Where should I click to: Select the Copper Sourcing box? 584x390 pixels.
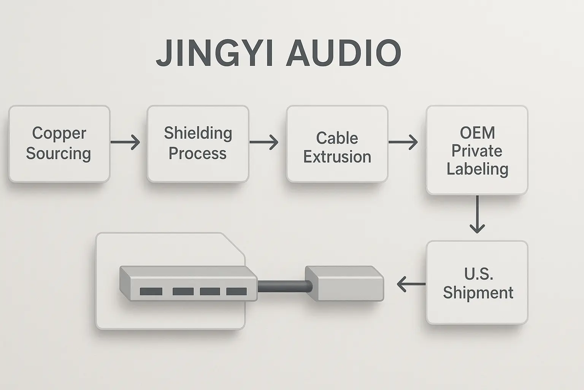[59, 144]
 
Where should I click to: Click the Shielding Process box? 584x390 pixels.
[198, 144]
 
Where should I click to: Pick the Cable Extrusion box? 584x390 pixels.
[337, 144]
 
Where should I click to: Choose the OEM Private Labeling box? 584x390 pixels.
[477, 150]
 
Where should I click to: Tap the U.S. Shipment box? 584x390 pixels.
[477, 283]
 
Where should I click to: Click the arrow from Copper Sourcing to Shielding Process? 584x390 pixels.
[125, 142]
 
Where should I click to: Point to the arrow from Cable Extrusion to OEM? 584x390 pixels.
[403, 142]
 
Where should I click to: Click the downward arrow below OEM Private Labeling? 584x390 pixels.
[477, 214]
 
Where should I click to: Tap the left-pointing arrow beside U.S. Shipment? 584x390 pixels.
[411, 284]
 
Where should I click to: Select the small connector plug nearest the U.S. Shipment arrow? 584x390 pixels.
[344, 283]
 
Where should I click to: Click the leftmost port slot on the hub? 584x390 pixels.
[151, 291]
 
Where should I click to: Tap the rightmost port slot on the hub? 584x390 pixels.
[236, 291]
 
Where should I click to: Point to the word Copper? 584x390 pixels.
[59, 133]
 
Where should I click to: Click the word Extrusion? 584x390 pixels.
[337, 157]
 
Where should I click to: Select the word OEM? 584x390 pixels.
[477, 133]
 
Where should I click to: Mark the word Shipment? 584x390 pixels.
[478, 292]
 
